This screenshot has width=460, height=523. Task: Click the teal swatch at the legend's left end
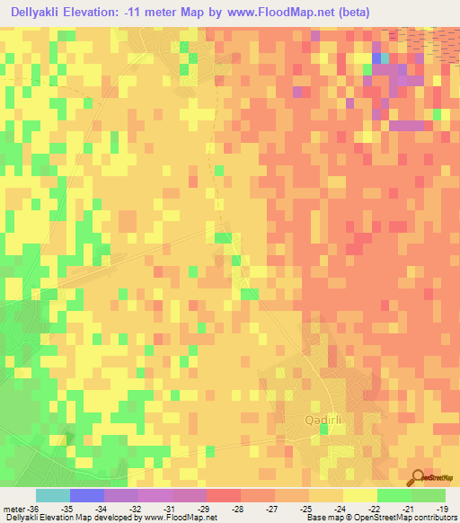[x=53, y=495]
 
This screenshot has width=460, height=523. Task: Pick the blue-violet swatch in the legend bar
[x=87, y=495]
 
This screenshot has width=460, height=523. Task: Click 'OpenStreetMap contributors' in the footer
[x=409, y=517]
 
